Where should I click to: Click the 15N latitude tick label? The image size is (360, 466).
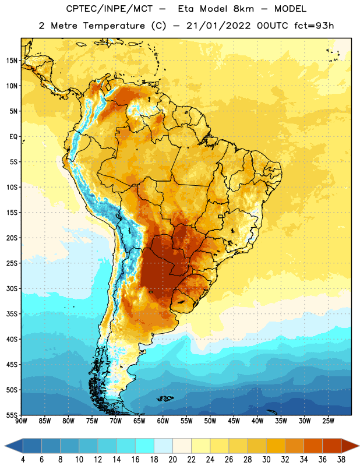coord(12,61)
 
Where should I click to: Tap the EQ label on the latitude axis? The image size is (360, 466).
coord(13,137)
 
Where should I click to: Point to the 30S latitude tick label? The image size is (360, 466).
coord(12,288)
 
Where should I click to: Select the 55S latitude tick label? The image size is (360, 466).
coord(12,415)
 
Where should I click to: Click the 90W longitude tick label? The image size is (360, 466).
coord(21,421)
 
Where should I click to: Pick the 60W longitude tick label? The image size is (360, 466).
coord(163,421)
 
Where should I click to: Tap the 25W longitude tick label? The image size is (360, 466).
coord(328,421)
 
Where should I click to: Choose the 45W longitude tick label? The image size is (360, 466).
coord(234,421)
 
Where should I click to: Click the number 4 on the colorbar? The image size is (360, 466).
coord(23,460)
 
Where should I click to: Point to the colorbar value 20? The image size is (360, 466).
coord(172,460)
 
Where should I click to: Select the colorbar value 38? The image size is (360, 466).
coord(341,460)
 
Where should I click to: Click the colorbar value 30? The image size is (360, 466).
coord(266,460)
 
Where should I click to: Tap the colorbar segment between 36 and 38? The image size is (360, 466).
coord(332,446)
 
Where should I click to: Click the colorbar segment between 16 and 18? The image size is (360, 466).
coord(144,446)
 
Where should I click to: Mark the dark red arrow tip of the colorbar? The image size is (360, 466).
coord(359,446)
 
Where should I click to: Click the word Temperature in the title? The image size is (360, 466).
coord(114,26)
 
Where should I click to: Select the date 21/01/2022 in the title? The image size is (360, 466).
coord(218,26)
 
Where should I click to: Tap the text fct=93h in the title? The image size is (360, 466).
coord(314,26)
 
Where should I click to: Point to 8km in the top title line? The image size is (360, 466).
coord(243,9)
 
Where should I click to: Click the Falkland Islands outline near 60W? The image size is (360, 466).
coord(165,398)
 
